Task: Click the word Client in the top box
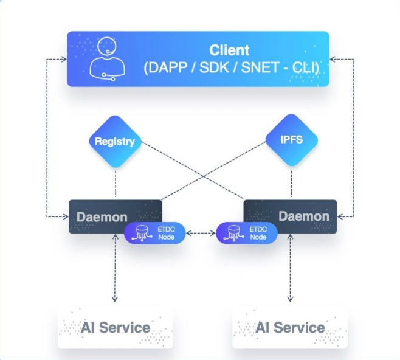(x=229, y=50)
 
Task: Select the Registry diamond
(x=114, y=142)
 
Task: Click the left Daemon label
(x=102, y=216)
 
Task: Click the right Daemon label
(x=303, y=216)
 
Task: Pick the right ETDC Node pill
(x=246, y=233)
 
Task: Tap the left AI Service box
(x=115, y=328)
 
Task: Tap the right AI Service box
(x=290, y=328)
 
